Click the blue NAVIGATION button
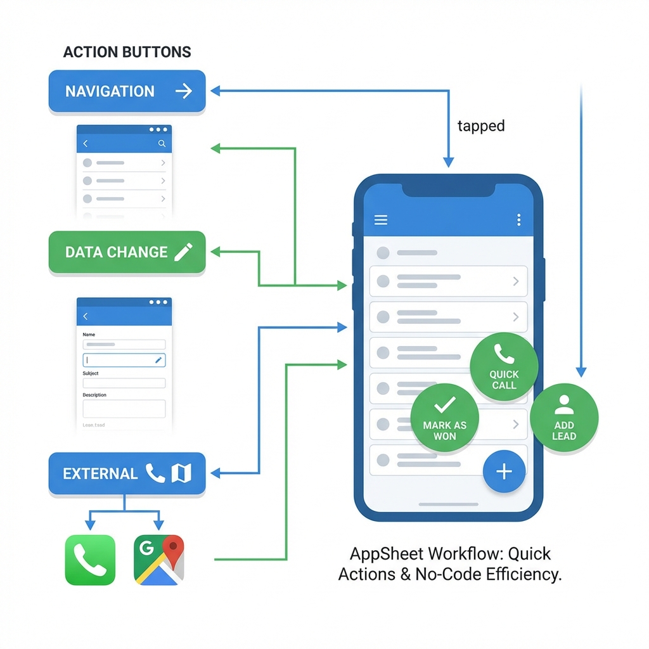pos(127,91)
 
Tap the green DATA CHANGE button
pos(127,252)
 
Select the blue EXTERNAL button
pos(127,473)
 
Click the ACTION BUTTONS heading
pos(127,52)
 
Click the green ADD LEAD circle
pos(563,418)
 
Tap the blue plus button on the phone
pos(504,472)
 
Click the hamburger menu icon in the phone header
pos(381,220)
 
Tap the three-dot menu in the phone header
pos(518,220)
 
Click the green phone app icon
pos(91,560)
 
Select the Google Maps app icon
pos(159,560)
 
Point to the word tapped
pos(481,126)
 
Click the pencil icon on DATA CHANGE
pos(183,252)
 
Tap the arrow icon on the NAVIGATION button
pos(183,91)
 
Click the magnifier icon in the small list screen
pos(162,144)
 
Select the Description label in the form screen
pos(94,395)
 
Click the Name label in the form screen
pos(89,335)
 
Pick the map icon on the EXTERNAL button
pos(181,473)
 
